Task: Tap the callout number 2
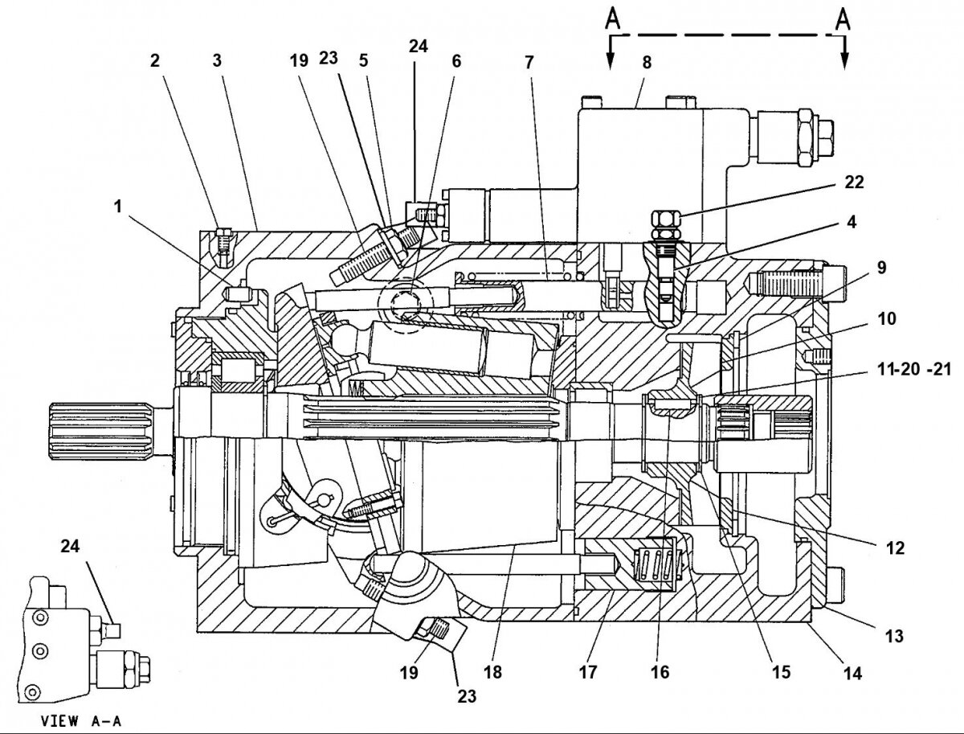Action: click(x=154, y=59)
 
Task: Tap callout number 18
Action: click(x=492, y=672)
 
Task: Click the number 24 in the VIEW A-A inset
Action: click(x=69, y=547)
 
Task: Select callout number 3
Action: click(x=218, y=59)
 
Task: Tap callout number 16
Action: click(x=660, y=672)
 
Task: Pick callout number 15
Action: click(x=779, y=672)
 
